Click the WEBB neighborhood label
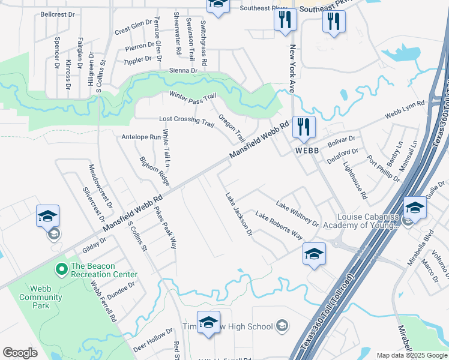[306, 151]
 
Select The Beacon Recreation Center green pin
[60, 269]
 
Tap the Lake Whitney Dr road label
[297, 214]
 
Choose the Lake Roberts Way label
[279, 225]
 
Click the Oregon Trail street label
[232, 127]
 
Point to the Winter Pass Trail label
[192, 98]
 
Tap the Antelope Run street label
[141, 137]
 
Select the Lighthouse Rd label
[355, 182]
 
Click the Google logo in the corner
[20, 353]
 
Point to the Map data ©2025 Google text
[412, 355]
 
